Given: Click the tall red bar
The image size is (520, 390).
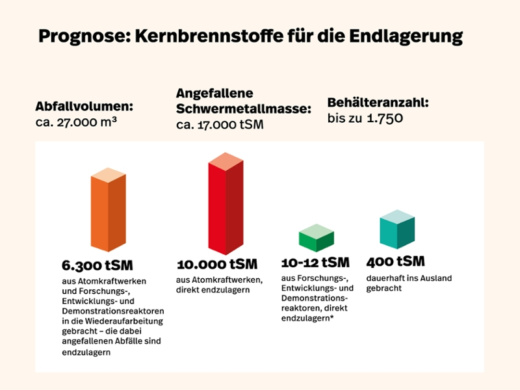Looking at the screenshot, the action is pos(226,203).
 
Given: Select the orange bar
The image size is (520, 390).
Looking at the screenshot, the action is pos(108,209).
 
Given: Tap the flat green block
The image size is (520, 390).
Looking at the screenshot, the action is pos(317,238).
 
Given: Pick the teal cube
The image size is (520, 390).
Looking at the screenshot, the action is pos(397,229).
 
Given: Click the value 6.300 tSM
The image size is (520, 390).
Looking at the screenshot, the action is pos(97,265).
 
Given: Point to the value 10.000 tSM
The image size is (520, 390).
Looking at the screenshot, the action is pos(217,264).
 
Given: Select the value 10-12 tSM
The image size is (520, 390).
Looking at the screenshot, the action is pos(315,263).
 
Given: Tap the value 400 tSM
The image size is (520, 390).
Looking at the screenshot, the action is pos(395,261).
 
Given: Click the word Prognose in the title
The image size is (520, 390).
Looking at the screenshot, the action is pos(84,36).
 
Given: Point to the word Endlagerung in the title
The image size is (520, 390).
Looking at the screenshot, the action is pos(406,36).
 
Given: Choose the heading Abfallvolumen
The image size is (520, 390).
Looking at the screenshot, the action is pos(84,107).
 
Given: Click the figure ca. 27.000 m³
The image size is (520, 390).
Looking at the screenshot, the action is pos(76,122).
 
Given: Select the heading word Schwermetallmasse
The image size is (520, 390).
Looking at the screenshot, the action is pos(244,109).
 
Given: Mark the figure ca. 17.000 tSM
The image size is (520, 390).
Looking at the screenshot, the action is pos(220,125).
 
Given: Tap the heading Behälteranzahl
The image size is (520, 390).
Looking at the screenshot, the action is pos(378,103).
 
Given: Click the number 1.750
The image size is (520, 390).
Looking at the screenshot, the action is pos(385,118).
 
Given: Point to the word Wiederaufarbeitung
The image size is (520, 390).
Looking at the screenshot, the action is pos(124,321).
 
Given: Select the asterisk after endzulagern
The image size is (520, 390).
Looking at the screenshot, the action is pos(331,317).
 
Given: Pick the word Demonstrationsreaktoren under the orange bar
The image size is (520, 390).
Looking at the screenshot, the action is pos(113,311).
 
